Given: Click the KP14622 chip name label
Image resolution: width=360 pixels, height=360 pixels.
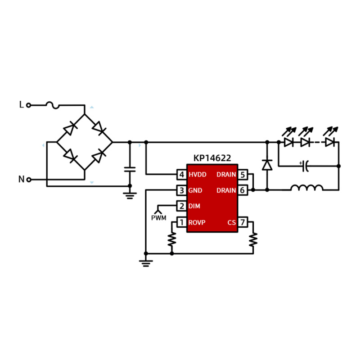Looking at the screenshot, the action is [212, 158].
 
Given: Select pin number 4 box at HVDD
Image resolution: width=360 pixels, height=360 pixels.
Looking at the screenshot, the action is [182, 175].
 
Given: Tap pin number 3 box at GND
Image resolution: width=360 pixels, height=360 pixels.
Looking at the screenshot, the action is [182, 190].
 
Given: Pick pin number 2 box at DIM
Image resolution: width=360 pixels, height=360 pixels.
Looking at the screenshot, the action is [182, 206].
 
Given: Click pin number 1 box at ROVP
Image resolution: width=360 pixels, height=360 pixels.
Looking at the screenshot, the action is [182, 222].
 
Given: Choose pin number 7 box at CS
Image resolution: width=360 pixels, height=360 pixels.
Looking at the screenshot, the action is [243, 222].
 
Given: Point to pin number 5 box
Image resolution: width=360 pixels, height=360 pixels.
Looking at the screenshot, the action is [243, 175].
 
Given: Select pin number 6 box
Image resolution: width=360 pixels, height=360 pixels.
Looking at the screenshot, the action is [243, 190].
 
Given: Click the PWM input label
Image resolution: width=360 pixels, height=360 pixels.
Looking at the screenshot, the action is [159, 218].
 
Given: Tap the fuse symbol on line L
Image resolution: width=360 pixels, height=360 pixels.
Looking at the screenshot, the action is [53, 105].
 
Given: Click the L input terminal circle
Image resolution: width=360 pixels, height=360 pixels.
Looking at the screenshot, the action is [28, 105].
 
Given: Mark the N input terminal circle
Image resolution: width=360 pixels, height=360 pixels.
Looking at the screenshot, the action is [29, 180].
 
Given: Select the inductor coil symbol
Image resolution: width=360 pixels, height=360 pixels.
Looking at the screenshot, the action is [307, 188].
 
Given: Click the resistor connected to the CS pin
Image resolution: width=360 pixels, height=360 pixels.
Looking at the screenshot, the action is [253, 240].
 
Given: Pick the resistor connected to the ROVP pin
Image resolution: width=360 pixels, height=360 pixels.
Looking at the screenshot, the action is [172, 239].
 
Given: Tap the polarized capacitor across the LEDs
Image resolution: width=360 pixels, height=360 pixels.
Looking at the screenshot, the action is [305, 166].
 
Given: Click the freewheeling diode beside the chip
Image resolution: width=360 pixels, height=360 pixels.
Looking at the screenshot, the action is [267, 165].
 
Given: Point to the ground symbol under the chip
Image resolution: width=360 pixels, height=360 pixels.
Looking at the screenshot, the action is [146, 263].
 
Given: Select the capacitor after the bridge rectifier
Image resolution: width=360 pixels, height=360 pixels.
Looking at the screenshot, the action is [130, 170].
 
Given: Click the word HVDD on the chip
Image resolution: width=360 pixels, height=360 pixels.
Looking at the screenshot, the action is [198, 175].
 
